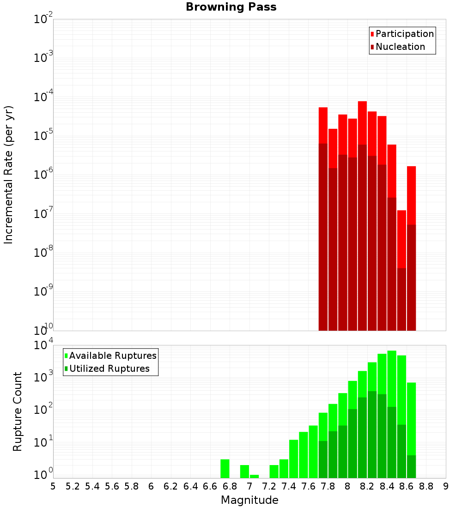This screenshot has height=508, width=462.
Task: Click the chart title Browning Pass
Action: (231, 7)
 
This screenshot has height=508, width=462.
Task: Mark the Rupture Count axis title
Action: (18, 411)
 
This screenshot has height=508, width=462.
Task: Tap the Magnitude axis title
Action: (249, 500)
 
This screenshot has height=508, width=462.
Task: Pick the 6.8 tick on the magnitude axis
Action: (230, 486)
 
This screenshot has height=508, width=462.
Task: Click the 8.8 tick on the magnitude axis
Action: (426, 486)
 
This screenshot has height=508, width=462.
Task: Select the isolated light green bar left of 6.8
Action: (225, 468)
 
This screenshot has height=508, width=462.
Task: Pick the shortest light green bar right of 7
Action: (254, 476)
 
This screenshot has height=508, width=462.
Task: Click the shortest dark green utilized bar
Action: (411, 466)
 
